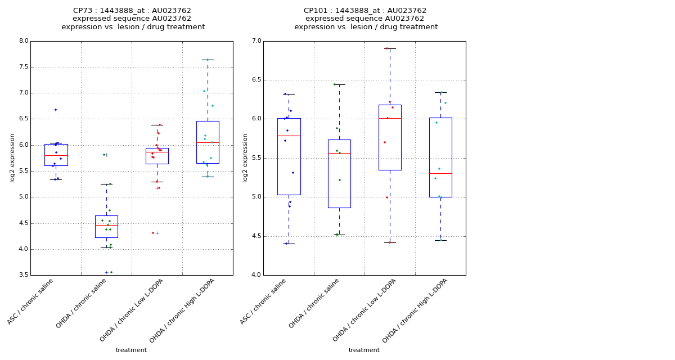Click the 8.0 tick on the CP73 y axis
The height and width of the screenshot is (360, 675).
click(x=23, y=41)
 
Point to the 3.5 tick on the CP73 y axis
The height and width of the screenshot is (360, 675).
click(x=23, y=275)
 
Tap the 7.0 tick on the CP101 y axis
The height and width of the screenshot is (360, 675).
click(x=256, y=41)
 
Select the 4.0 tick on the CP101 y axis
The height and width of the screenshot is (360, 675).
click(x=256, y=275)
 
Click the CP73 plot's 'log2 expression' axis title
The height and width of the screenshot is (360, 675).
click(x=12, y=157)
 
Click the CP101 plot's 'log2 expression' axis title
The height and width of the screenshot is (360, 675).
click(x=245, y=157)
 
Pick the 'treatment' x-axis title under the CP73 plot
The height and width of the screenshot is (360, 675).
click(x=131, y=350)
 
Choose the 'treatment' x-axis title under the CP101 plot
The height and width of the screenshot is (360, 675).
click(x=364, y=350)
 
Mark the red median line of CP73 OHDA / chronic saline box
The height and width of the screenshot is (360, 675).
click(x=106, y=225)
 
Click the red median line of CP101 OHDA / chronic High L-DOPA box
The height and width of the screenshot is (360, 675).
click(x=440, y=173)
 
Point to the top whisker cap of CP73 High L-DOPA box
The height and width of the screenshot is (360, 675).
click(x=208, y=60)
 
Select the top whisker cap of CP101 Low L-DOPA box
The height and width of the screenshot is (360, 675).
click(x=390, y=48)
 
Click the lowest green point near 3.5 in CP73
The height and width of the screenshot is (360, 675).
click(x=111, y=272)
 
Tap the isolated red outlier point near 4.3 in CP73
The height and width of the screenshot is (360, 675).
click(x=152, y=233)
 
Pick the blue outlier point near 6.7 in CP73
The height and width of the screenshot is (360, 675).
click(x=56, y=110)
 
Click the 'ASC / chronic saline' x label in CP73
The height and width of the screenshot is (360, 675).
click(x=31, y=301)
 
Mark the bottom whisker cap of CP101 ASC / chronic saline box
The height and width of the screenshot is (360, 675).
click(x=289, y=244)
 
